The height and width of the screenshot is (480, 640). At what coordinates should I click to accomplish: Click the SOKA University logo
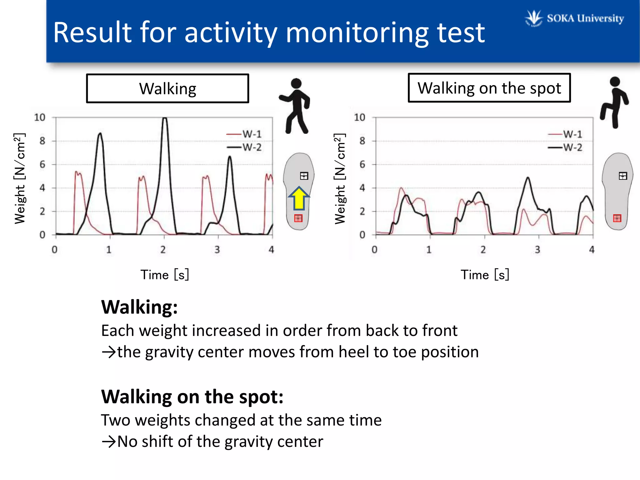coord(574,18)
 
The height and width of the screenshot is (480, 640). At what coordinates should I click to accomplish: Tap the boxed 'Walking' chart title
coord(167,88)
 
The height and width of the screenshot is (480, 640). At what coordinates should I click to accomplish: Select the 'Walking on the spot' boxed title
coord(489,88)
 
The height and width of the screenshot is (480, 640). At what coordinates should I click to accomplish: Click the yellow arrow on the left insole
coord(299,199)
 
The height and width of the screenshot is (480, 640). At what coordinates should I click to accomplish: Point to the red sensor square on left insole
coord(298,218)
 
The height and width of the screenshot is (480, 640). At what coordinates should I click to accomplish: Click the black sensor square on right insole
coord(622,176)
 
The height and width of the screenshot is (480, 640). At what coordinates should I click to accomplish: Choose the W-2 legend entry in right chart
coord(565,147)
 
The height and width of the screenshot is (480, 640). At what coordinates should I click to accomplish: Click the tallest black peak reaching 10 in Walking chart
coord(165,119)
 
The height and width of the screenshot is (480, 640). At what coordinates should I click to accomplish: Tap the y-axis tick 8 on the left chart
coord(42,141)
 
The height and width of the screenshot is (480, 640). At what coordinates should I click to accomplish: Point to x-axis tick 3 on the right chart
coord(537,249)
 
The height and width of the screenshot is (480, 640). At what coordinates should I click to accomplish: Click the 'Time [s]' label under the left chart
coord(165,275)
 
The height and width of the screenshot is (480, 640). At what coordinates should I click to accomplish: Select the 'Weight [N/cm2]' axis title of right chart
coord(340,178)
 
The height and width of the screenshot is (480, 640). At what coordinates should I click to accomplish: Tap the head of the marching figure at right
coord(615,82)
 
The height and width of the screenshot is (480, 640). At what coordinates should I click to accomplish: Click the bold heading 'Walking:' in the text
coord(139,307)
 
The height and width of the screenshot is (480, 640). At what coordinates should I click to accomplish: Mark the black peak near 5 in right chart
coord(528,178)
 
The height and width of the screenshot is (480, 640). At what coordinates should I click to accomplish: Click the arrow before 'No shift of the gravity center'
coord(108,442)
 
